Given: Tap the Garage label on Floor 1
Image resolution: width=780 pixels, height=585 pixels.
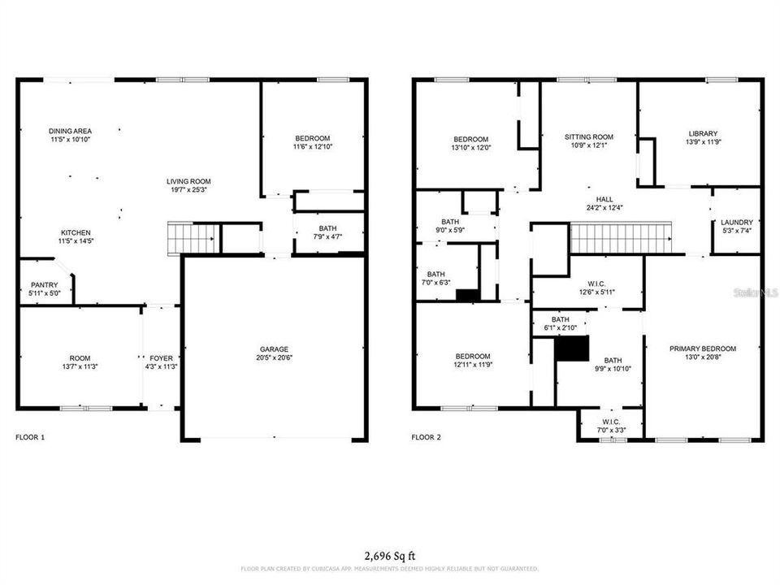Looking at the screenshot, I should point(274,349).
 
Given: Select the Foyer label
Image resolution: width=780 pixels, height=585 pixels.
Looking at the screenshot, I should point(161,357).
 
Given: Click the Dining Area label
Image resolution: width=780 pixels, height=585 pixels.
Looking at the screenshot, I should point(70,131).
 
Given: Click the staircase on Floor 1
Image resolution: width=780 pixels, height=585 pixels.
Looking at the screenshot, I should point(192,239).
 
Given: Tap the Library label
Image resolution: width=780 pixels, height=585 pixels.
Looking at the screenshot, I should point(703,134).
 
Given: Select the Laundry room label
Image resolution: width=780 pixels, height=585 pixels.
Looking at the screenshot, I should point(736,222).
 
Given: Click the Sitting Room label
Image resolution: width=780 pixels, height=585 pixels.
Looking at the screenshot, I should point(589,137).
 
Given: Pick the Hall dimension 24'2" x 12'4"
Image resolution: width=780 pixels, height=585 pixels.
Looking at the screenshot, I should point(604,209).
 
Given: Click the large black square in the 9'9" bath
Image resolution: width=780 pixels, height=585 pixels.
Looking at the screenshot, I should point(571,349).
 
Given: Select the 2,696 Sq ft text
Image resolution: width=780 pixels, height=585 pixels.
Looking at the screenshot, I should point(389,557).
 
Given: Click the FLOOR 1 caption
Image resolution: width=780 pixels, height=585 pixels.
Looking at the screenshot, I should point(30,438).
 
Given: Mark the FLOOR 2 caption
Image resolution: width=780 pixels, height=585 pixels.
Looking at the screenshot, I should point(426,438).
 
